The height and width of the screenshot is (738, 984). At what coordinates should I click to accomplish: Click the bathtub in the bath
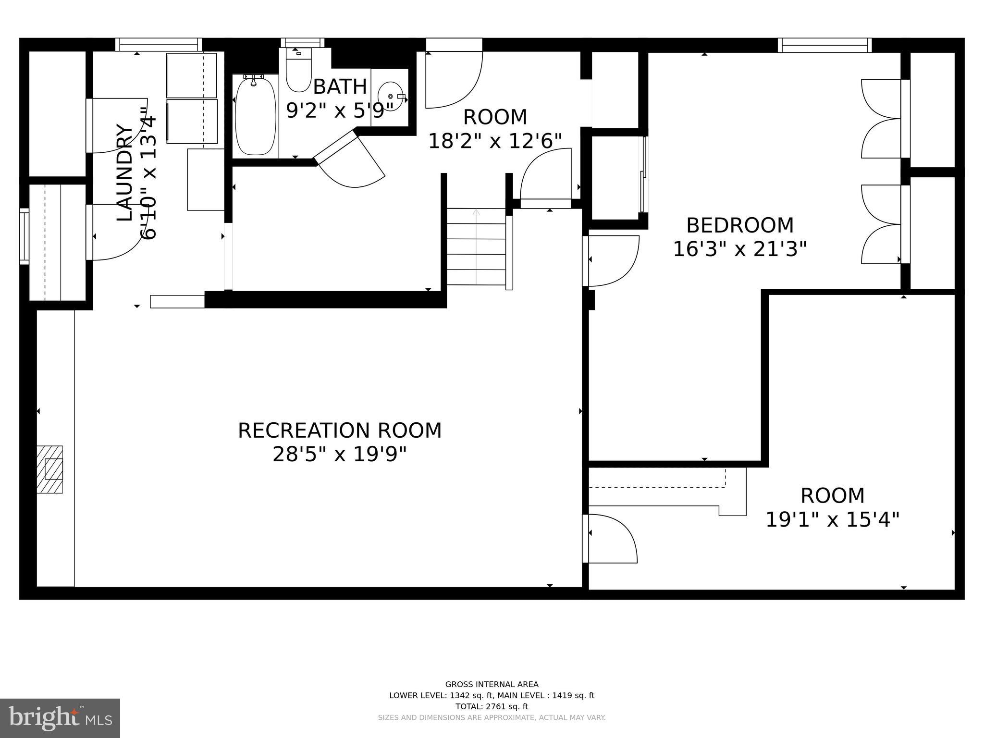[x=256, y=115]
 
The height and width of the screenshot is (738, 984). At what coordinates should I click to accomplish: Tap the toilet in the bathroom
[x=298, y=72]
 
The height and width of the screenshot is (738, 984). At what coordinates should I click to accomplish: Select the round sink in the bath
[x=390, y=97]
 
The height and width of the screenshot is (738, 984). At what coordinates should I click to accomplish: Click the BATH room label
[x=340, y=87]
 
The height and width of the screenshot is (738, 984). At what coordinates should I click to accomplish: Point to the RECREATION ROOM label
[x=340, y=430]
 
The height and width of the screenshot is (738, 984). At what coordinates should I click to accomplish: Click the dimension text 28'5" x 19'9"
[x=340, y=454]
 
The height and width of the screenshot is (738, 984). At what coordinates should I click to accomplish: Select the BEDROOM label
[x=739, y=225]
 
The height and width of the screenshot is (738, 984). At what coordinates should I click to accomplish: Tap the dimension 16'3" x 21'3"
[x=739, y=249]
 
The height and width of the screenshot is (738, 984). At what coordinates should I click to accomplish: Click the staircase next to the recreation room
[x=476, y=247]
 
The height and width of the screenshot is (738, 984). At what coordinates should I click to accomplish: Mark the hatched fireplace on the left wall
[x=50, y=469]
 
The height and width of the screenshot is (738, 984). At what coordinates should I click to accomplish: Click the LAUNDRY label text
[x=125, y=173]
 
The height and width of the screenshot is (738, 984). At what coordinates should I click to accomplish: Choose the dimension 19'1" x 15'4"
[x=832, y=519]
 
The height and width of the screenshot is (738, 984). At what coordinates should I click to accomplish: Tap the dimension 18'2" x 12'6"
[x=495, y=141]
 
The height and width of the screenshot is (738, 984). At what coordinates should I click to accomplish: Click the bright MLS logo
[x=60, y=718]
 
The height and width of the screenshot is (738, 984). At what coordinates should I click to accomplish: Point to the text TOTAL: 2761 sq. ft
[x=492, y=706]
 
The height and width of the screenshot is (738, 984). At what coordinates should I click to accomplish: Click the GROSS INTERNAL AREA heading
[x=492, y=684]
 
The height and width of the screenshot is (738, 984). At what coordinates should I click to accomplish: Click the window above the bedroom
[x=824, y=45]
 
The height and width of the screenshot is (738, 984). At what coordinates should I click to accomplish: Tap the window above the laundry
[x=159, y=45]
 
